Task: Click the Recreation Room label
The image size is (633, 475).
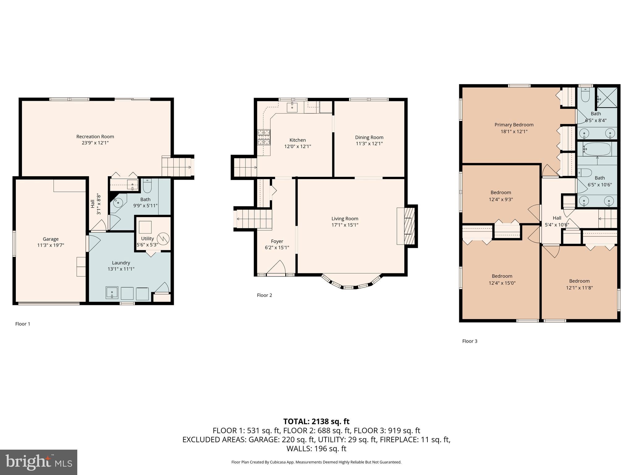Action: [x=95, y=136]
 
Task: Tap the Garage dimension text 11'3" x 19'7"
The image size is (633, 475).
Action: [x=50, y=245]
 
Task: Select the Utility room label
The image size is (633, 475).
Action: [x=147, y=238]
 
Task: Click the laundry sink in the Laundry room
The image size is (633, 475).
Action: [x=112, y=293]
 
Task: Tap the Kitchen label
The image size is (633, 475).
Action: [x=297, y=140]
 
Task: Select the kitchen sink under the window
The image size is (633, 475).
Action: [x=292, y=108]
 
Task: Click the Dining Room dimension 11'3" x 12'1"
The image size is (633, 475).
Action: [x=369, y=143]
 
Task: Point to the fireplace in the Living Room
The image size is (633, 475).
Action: [x=410, y=226]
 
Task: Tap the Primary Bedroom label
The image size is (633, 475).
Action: [x=514, y=125]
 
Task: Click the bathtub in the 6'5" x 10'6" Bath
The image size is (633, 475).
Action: [x=597, y=149]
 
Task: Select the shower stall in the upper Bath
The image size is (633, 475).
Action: [x=606, y=97]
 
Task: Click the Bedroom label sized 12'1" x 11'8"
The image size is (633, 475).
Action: [x=579, y=281]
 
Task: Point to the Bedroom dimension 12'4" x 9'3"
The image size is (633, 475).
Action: [x=501, y=199]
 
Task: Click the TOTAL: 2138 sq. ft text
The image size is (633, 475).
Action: [x=316, y=421]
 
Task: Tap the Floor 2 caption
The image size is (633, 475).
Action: [x=264, y=295]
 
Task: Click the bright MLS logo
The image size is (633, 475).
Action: [x=38, y=462]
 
